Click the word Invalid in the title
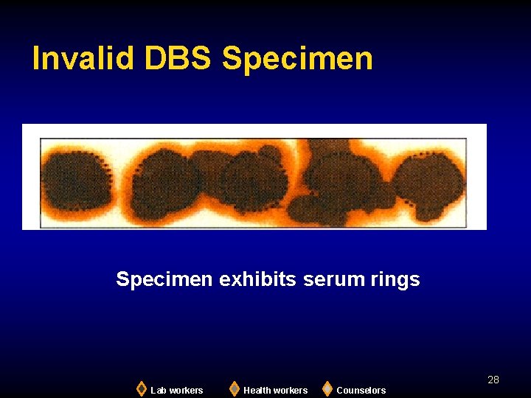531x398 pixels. (82, 59)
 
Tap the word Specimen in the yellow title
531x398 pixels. (297, 59)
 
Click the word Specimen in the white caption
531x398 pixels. (164, 279)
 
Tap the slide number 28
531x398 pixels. (493, 380)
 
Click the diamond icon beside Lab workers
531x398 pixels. (141, 388)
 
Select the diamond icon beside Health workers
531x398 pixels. (234, 388)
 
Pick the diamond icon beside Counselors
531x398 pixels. (327, 388)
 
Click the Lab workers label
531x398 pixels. (177, 391)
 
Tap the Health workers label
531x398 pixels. (275, 391)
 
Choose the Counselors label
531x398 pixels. (361, 391)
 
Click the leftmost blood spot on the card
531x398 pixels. (75, 181)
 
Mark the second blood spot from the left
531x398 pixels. (164, 184)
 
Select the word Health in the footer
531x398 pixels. (258, 391)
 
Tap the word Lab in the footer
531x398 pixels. (158, 391)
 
